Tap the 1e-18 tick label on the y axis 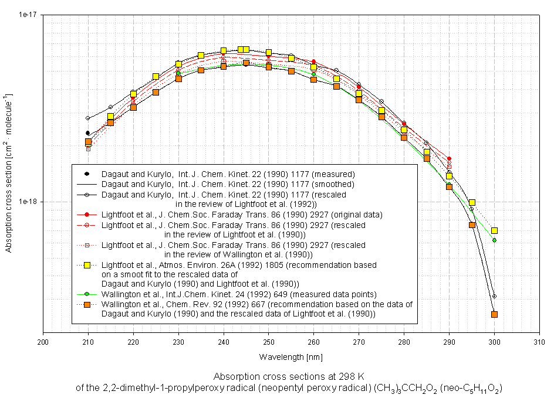[x=26, y=202]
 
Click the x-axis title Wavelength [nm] [x=290, y=356]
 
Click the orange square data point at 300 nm [x=494, y=314]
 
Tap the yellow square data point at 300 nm [x=495, y=231]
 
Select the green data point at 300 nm [x=495, y=240]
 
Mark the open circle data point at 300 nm [x=494, y=297]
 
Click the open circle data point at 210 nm [x=88, y=118]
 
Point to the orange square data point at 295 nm [x=472, y=224]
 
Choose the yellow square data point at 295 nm [x=472, y=203]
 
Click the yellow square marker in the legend [x=87, y=265]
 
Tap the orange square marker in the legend [x=87, y=305]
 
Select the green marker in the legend [x=87, y=294]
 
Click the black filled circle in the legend [x=87, y=174]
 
